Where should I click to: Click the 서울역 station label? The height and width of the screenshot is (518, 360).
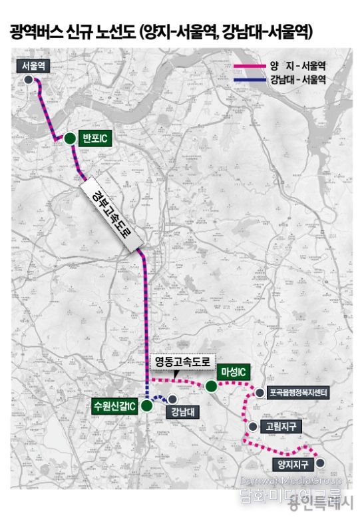33,65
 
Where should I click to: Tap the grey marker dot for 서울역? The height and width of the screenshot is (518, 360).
29,79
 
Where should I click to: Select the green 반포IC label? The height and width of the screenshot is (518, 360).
94,138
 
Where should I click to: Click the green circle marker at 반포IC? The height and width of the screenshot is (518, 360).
69,138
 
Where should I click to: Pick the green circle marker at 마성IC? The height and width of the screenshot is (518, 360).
211,386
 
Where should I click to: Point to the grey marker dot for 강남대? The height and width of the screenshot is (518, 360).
172,399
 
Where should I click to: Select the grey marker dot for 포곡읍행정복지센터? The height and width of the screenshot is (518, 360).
259,393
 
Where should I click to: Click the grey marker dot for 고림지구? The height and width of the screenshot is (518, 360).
252,426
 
